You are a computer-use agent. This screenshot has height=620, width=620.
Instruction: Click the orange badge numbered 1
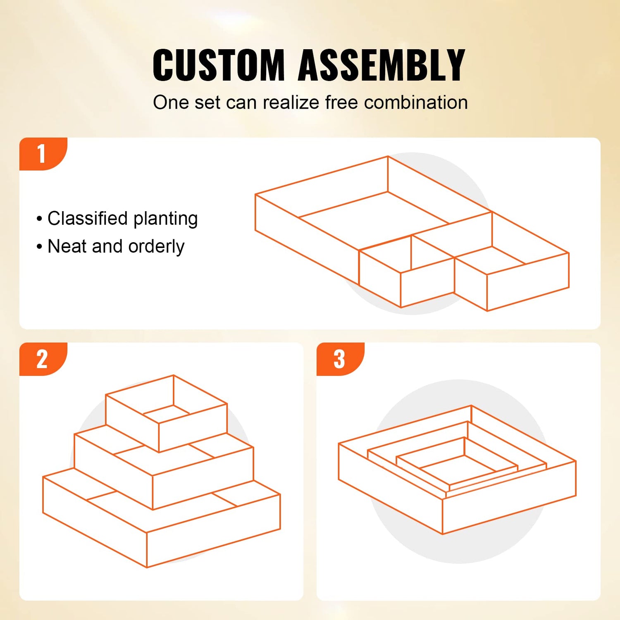43,154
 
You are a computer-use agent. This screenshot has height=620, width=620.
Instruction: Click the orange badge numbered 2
43,359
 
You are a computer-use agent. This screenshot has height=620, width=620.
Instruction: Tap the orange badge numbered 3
340,359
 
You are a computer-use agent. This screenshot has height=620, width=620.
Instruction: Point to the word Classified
88,218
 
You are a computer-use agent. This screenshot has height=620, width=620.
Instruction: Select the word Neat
67,246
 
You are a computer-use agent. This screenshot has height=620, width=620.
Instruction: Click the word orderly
156,247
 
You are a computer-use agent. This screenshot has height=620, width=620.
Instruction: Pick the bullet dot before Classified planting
39,219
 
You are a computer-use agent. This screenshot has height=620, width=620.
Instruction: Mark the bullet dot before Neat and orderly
39,247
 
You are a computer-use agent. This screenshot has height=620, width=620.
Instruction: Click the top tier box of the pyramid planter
166,413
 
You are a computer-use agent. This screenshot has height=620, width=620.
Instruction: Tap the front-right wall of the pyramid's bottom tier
214,530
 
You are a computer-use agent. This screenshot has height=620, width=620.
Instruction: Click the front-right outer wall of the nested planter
509,498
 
